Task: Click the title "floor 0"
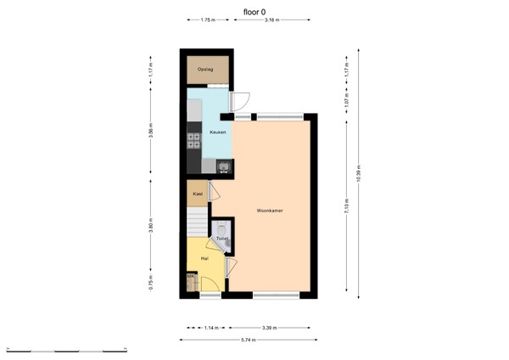coord(254,12)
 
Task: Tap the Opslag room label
coord(204,70)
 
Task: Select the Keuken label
coord(206,132)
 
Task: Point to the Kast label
coord(198,194)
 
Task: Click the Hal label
coord(204,257)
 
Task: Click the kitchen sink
coord(222,166)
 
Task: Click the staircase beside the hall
coord(198,223)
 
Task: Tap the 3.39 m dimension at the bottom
coord(269,327)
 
